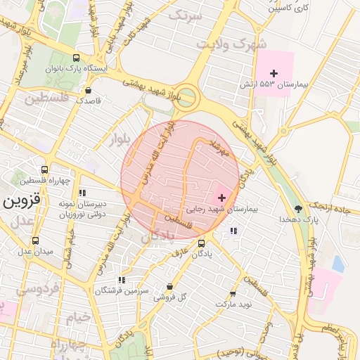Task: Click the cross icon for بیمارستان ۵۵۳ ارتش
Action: pos(274,73)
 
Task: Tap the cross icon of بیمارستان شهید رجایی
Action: pos(222,198)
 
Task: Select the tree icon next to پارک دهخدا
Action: pos(299,209)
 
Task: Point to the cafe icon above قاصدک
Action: pos(88,90)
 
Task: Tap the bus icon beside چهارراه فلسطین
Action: pos(45,169)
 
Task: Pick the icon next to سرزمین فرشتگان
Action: pos(122,279)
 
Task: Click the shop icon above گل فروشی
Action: pos(169,286)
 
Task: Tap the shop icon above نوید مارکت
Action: pos(233,294)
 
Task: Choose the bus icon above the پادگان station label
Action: pos(202,243)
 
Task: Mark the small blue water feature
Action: pos(338,264)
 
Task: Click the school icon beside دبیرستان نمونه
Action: pos(82,193)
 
